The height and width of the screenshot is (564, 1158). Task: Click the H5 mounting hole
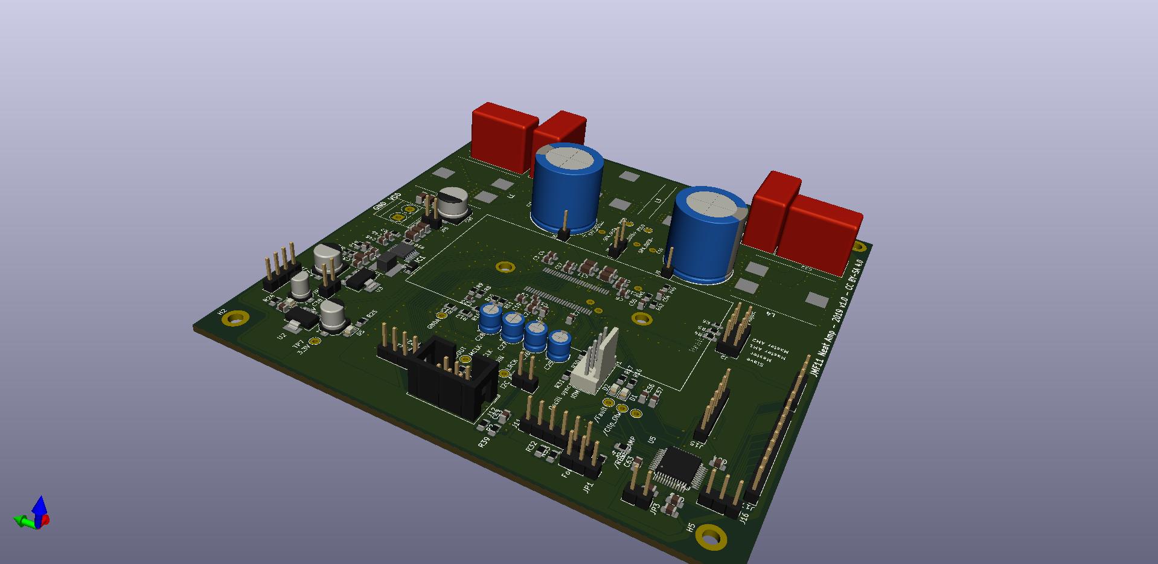click(711, 536)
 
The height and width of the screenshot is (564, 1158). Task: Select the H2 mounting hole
click(236, 318)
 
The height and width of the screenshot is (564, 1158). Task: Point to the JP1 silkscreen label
click(589, 487)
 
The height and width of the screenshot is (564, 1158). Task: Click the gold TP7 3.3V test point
click(315, 341)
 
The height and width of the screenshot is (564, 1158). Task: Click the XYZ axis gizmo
click(34, 514)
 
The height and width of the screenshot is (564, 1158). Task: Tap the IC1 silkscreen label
click(421, 259)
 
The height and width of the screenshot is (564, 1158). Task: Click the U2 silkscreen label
click(282, 336)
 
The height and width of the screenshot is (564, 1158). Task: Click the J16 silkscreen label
click(744, 518)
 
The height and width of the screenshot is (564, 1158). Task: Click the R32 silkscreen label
click(531, 446)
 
